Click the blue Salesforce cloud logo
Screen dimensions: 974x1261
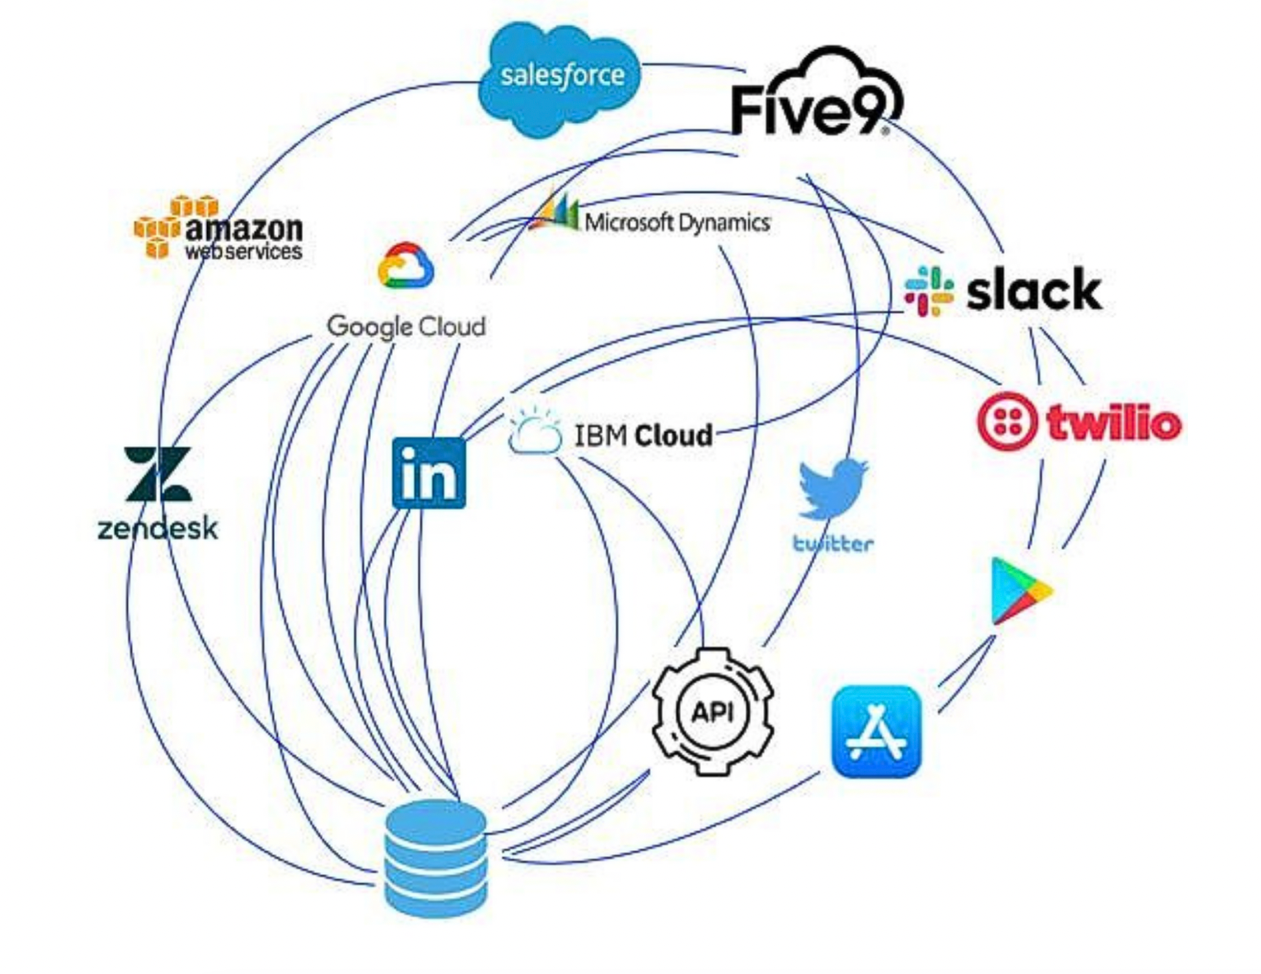pyautogui.click(x=560, y=77)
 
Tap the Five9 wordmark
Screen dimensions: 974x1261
pyautogui.click(x=810, y=110)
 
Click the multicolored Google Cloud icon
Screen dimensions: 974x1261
pyautogui.click(x=405, y=266)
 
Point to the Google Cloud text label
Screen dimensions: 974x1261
pyautogui.click(x=406, y=326)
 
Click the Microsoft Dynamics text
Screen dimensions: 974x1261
pyautogui.click(x=676, y=222)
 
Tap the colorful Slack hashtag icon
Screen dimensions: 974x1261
pyautogui.click(x=929, y=291)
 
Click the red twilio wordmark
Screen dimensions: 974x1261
pyautogui.click(x=1114, y=423)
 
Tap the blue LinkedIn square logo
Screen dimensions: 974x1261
pyautogui.click(x=429, y=473)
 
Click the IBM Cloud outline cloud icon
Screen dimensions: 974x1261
pyautogui.click(x=534, y=432)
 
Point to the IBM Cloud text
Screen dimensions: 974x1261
pyautogui.click(x=643, y=436)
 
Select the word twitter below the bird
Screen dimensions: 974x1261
pyautogui.click(x=833, y=544)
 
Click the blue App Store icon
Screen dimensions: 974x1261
pyautogui.click(x=876, y=732)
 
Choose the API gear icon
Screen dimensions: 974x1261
pyautogui.click(x=713, y=712)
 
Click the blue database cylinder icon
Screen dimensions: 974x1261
pyautogui.click(x=436, y=857)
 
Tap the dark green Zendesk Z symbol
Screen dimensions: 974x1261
pyautogui.click(x=158, y=474)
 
